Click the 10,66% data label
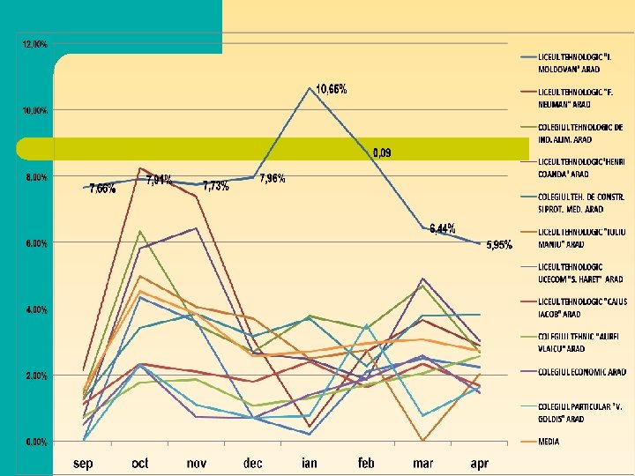(x=332, y=89)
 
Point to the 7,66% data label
(x=102, y=189)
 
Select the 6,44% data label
(x=443, y=229)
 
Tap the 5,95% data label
(x=499, y=245)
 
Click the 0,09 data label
(x=382, y=153)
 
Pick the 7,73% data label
(x=216, y=186)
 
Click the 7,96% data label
(x=272, y=179)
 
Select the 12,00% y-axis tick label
(x=35, y=43)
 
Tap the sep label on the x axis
(x=83, y=462)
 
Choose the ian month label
(x=310, y=462)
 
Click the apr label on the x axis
(x=480, y=462)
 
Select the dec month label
(x=253, y=462)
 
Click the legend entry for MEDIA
(x=550, y=442)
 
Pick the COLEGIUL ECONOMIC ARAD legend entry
(x=582, y=372)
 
